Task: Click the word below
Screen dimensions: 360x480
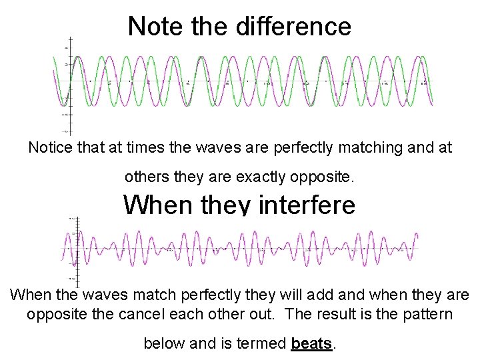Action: pyautogui.click(x=164, y=344)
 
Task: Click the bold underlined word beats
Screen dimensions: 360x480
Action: pyautogui.click(x=311, y=344)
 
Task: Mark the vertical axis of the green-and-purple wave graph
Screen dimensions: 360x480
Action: pyautogui.click(x=70, y=83)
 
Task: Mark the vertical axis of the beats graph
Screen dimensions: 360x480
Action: pyautogui.click(x=78, y=250)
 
